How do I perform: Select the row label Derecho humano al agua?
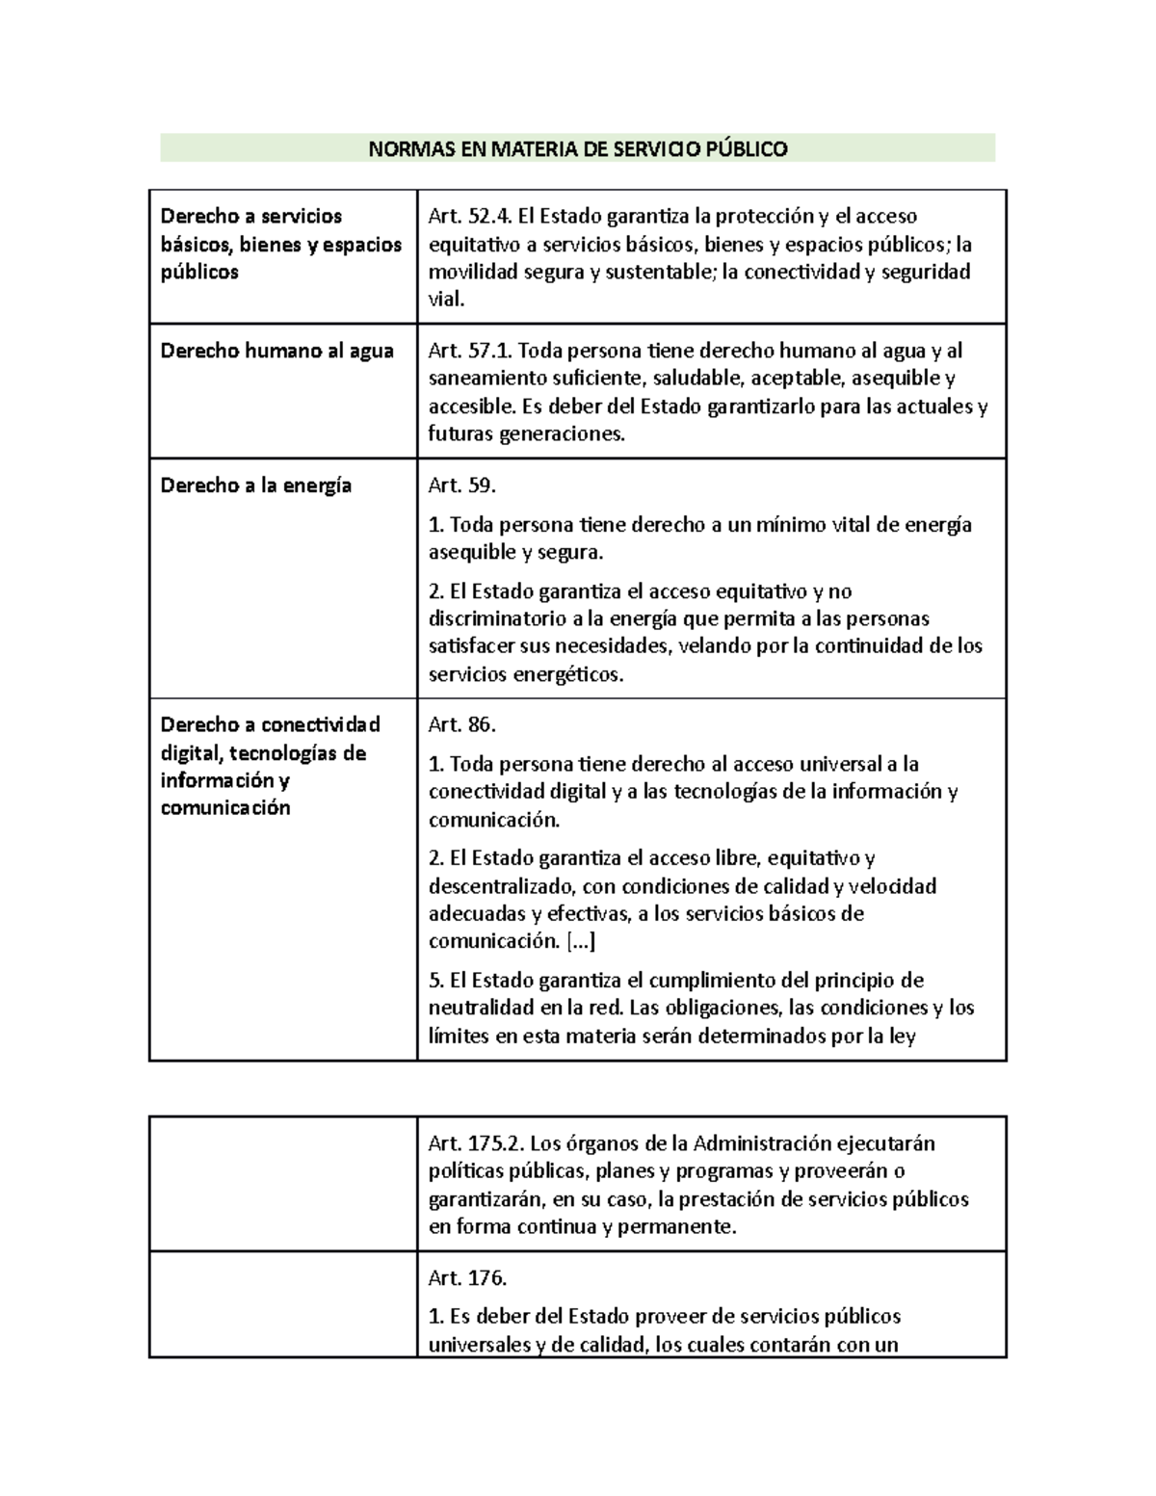276,351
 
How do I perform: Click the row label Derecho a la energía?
255,486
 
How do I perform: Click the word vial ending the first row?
446,300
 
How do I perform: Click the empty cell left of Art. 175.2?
282,1184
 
